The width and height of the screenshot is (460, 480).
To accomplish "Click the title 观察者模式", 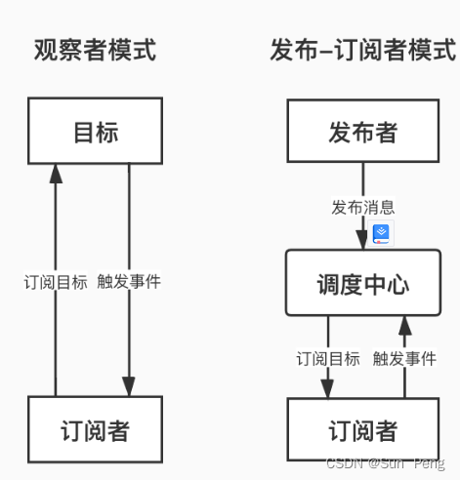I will (x=94, y=49).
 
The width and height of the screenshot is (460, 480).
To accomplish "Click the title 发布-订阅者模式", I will (x=362, y=49).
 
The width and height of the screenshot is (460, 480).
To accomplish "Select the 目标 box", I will (x=95, y=132).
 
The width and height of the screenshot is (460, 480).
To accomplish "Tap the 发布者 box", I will (x=362, y=132).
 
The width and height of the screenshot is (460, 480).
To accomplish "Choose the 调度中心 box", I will (x=362, y=283).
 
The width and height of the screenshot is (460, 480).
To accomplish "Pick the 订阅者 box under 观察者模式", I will (x=95, y=430).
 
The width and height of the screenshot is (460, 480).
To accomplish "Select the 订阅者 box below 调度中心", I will (x=362, y=430).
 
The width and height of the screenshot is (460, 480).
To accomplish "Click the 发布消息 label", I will (x=362, y=208).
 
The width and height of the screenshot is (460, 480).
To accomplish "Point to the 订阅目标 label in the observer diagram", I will (x=56, y=282).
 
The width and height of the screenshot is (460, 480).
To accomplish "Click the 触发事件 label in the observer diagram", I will (x=129, y=282).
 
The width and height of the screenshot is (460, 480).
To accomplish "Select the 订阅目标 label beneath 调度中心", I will (x=328, y=358).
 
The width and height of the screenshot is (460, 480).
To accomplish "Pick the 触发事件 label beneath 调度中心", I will (x=403, y=358).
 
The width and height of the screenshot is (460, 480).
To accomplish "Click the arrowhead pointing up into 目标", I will (x=56, y=173).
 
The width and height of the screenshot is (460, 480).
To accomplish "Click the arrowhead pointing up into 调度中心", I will (x=403, y=324).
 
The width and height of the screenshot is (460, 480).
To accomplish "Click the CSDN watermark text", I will (x=385, y=464).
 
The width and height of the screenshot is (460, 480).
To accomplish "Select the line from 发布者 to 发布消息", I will (x=362, y=180).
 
